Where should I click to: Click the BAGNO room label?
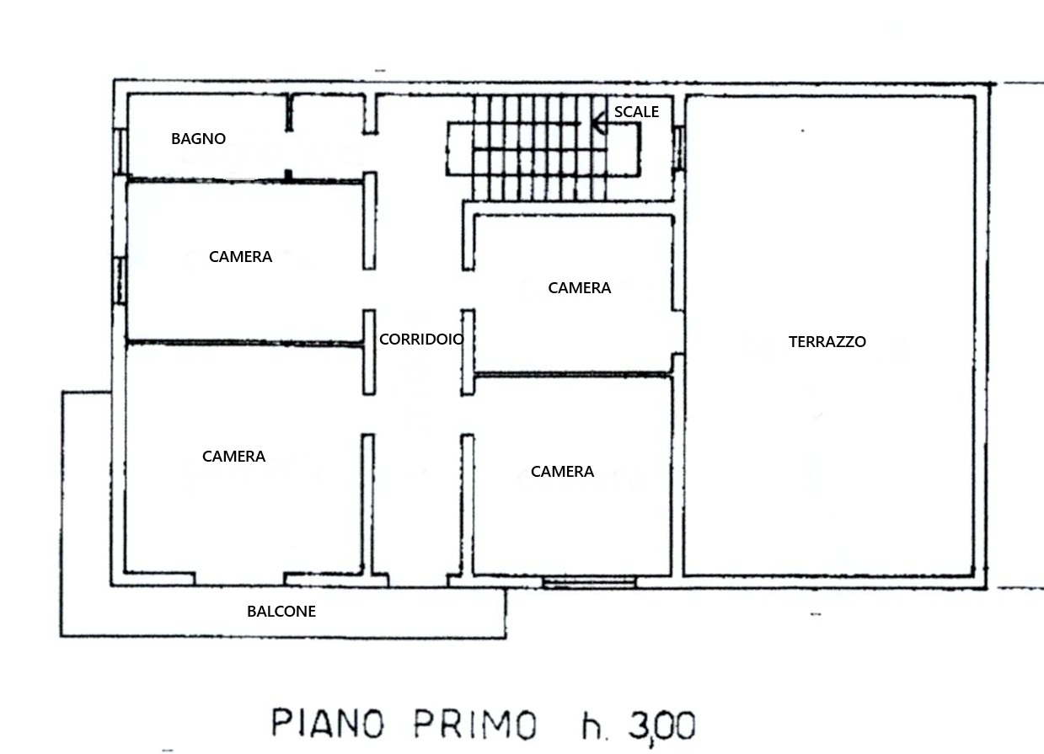point(198,138)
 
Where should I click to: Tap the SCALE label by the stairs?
point(636,112)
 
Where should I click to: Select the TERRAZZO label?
point(827,341)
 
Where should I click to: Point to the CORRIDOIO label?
point(421,340)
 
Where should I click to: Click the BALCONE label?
point(281,611)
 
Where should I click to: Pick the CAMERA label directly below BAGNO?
point(240,256)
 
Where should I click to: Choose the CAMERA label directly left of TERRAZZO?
point(580,287)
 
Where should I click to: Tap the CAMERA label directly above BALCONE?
point(233,456)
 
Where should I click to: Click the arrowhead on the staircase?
point(599,124)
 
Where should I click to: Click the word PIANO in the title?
point(328,724)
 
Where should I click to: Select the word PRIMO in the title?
point(475,724)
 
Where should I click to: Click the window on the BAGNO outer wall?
point(120,152)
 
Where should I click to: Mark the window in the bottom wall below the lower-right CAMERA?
point(590,582)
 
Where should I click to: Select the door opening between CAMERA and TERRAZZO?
point(678,332)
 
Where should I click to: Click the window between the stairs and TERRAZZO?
point(678,147)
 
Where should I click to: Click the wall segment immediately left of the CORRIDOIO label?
point(369,352)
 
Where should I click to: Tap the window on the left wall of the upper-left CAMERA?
point(120,281)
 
